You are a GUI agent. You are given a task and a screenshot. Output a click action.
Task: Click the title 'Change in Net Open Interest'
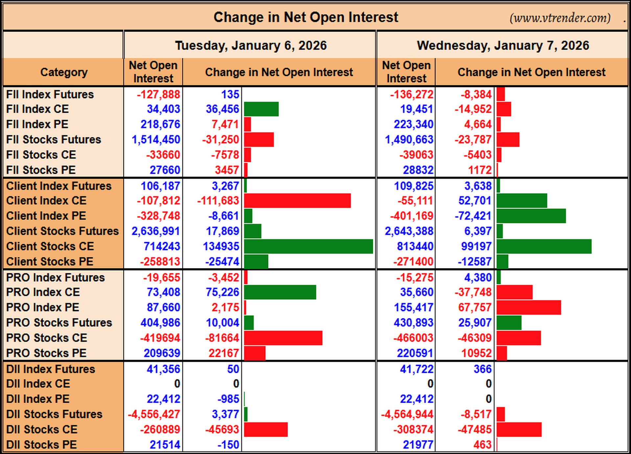tap(306, 17)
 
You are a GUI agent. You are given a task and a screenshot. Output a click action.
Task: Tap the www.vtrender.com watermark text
tap(560, 18)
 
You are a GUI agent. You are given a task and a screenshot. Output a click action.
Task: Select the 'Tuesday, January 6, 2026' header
tap(251, 46)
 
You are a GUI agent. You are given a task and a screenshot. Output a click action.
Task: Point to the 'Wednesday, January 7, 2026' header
tap(503, 46)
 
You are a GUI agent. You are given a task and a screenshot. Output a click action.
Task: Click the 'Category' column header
tap(64, 72)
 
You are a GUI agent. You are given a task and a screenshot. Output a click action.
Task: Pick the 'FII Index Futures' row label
tap(50, 95)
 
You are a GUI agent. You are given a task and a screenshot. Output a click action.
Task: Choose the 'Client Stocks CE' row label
tap(50, 246)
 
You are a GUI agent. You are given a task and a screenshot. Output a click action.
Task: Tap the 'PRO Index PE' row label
tap(43, 307)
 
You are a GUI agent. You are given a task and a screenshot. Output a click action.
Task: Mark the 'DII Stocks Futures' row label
tap(54, 414)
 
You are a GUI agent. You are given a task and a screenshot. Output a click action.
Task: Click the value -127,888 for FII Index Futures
tap(158, 95)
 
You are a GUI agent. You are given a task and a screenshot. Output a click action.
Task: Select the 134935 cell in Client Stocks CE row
tap(221, 246)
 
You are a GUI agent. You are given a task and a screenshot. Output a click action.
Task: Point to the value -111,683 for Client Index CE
tap(218, 201)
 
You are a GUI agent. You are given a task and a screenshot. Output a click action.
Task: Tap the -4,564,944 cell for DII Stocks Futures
tap(407, 414)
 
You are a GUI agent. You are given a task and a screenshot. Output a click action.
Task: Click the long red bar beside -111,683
tap(297, 201)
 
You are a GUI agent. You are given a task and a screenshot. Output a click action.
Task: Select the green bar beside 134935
tap(309, 246)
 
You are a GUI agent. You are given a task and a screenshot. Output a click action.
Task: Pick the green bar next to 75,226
tap(280, 292)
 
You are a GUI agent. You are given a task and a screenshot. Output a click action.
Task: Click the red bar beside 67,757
tap(529, 307)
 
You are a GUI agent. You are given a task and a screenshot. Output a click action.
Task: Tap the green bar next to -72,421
tap(531, 216)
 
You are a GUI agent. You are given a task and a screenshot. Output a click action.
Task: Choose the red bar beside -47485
tap(519, 429)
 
